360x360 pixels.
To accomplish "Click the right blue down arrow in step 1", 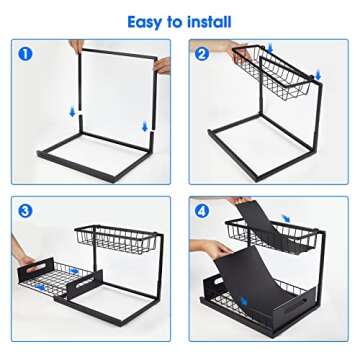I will pos(145,125).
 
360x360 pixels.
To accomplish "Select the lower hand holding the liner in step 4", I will pos(213,247).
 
